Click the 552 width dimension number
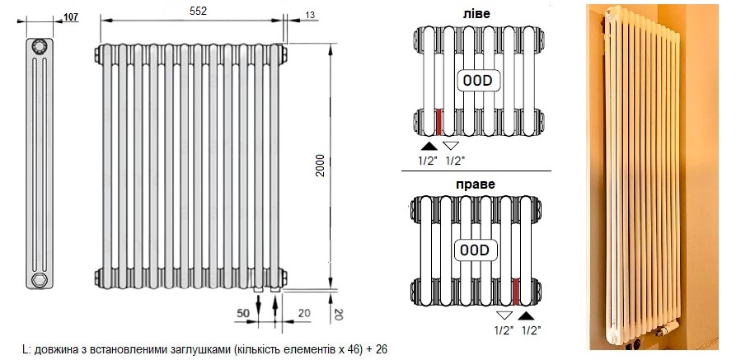tap(198, 11)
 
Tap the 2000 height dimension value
tap(321, 166)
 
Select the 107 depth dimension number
tap(71, 17)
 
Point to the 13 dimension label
tap(310, 15)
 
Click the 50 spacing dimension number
tap(243, 312)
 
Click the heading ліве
tap(476, 14)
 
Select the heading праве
tap(476, 184)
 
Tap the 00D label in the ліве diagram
tap(477, 81)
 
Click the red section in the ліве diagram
tap(439, 121)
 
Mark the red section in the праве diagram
tap(516, 291)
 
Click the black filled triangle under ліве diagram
tap(428, 146)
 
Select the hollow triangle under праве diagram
tap(504, 316)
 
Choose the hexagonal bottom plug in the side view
tap(40, 279)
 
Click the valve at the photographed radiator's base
tap(668, 327)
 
